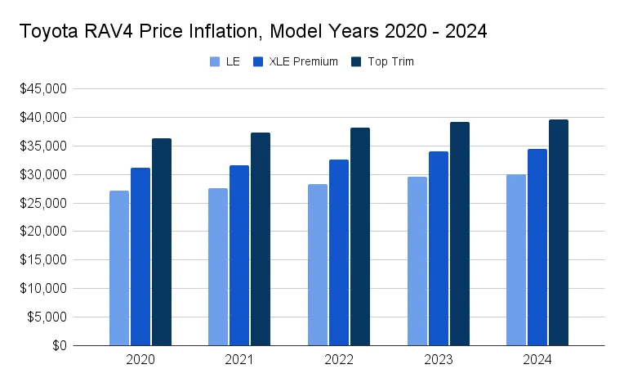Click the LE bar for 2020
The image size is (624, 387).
[x=119, y=268]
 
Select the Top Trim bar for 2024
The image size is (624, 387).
[x=559, y=233]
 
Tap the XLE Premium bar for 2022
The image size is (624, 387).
[x=339, y=253]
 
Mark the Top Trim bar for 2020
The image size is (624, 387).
[x=162, y=242]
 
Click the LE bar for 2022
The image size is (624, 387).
[x=318, y=265]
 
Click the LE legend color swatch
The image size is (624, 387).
[x=215, y=61]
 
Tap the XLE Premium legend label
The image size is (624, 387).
[x=303, y=61]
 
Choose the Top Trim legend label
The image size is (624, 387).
[x=391, y=61]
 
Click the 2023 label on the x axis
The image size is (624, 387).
[x=439, y=360]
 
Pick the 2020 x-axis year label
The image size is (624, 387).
[x=140, y=360]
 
